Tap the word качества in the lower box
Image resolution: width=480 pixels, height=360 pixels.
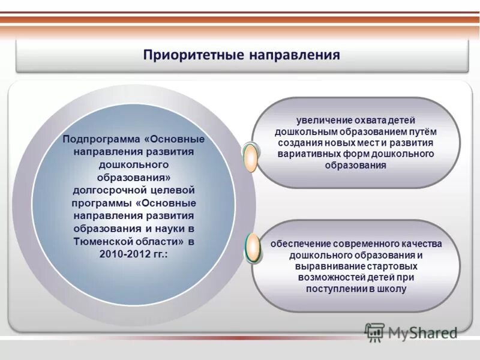(421, 244)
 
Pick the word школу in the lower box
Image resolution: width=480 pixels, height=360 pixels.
(392, 289)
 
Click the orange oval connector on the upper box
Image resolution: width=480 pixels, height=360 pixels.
(250, 157)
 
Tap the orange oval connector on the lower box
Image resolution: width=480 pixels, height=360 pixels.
(253, 247)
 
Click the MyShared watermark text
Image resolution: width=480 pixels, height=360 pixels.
(422, 332)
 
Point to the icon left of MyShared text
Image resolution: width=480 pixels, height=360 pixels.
(374, 332)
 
